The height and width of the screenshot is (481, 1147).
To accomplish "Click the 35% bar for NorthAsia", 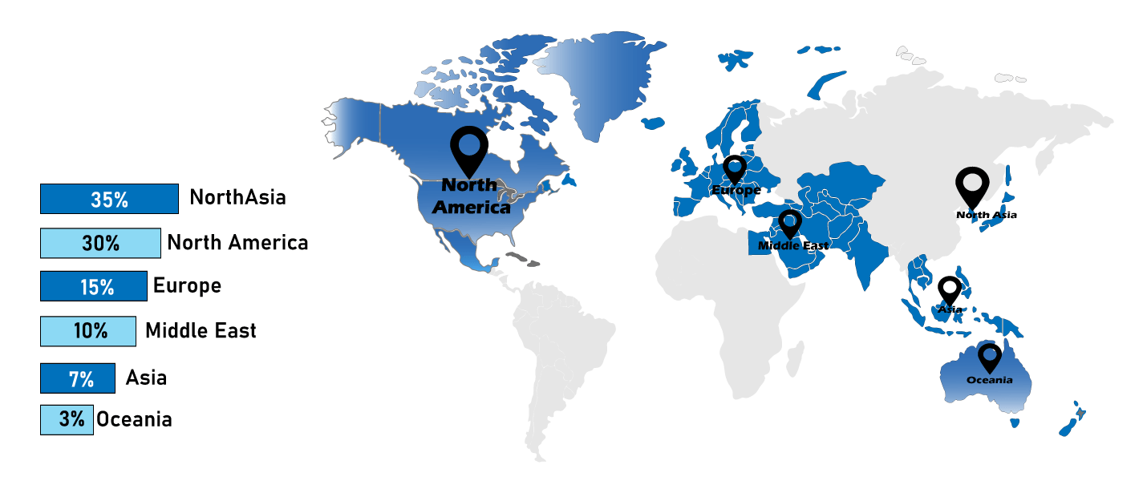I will [109, 199].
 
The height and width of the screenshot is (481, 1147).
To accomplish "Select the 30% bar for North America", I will [100, 243].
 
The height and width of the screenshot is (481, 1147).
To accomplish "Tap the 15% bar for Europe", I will [93, 286].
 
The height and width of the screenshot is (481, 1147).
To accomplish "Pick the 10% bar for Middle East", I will [88, 330].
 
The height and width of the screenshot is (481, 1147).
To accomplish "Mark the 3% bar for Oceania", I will [67, 419].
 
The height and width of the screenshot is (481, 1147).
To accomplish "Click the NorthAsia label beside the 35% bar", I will [237, 197].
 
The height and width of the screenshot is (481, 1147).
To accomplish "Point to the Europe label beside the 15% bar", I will [187, 285].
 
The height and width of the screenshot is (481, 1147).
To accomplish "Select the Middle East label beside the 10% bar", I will [201, 329].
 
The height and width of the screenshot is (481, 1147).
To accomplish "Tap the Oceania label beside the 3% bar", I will [134, 419].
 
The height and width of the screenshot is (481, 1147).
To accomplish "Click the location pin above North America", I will [469, 149].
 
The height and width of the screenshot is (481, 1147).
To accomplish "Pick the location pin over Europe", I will [734, 170].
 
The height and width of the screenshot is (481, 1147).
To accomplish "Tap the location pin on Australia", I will [990, 358].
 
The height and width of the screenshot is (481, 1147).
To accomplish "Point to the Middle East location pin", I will [790, 224].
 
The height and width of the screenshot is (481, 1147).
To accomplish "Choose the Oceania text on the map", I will [989, 380].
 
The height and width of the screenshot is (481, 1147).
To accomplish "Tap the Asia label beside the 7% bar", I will [146, 378].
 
